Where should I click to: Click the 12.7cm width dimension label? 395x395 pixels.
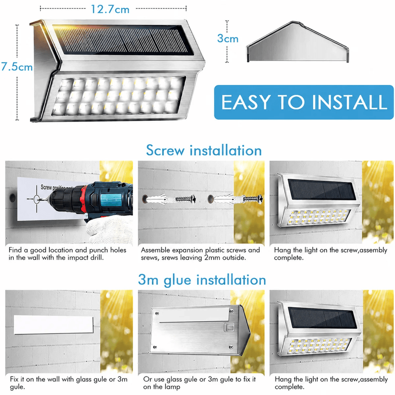[110, 9]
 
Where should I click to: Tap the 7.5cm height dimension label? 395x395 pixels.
[17, 67]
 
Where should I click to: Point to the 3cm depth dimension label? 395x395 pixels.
[228, 39]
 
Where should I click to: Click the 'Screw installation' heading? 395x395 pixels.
[204, 150]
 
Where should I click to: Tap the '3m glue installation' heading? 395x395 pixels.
[202, 280]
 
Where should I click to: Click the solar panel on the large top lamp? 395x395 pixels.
[123, 40]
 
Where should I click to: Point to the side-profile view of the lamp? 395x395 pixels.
[298, 42]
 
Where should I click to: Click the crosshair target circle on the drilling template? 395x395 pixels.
[37, 199]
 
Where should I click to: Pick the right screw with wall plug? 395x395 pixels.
[235, 199]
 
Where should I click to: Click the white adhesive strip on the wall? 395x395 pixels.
[54, 325]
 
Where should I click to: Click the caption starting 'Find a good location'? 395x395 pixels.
[67, 254]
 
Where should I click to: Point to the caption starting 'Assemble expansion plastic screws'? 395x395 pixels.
[200, 254]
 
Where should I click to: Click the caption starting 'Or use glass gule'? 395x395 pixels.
[199, 383]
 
